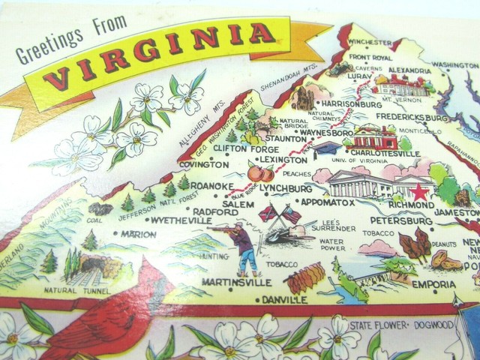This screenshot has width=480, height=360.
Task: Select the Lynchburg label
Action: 285,189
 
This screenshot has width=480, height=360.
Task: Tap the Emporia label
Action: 433,284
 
